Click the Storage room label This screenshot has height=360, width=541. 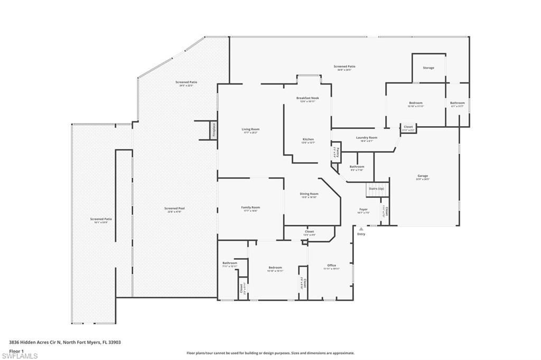coord(428,68)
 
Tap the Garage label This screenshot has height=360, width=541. coord(423,176)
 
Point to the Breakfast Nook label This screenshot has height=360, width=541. coord(307,98)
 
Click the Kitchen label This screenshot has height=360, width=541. coord(307,139)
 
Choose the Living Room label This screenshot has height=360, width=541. coord(251,129)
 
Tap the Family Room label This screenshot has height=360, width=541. coord(250,207)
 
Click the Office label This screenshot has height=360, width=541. coord(331,266)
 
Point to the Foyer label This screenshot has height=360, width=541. coord(363,210)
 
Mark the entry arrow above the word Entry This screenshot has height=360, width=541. coord(361,229)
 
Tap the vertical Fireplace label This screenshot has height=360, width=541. coord(214,130)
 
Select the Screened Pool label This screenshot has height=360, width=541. coord(174,209)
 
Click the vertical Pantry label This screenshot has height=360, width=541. coord(335,152)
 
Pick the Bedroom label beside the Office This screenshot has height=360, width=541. coord(275,268)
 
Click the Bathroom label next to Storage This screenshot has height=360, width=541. coord(457,103)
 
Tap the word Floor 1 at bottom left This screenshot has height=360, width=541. coord(17,350)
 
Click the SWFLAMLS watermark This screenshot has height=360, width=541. coord(20,356)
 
